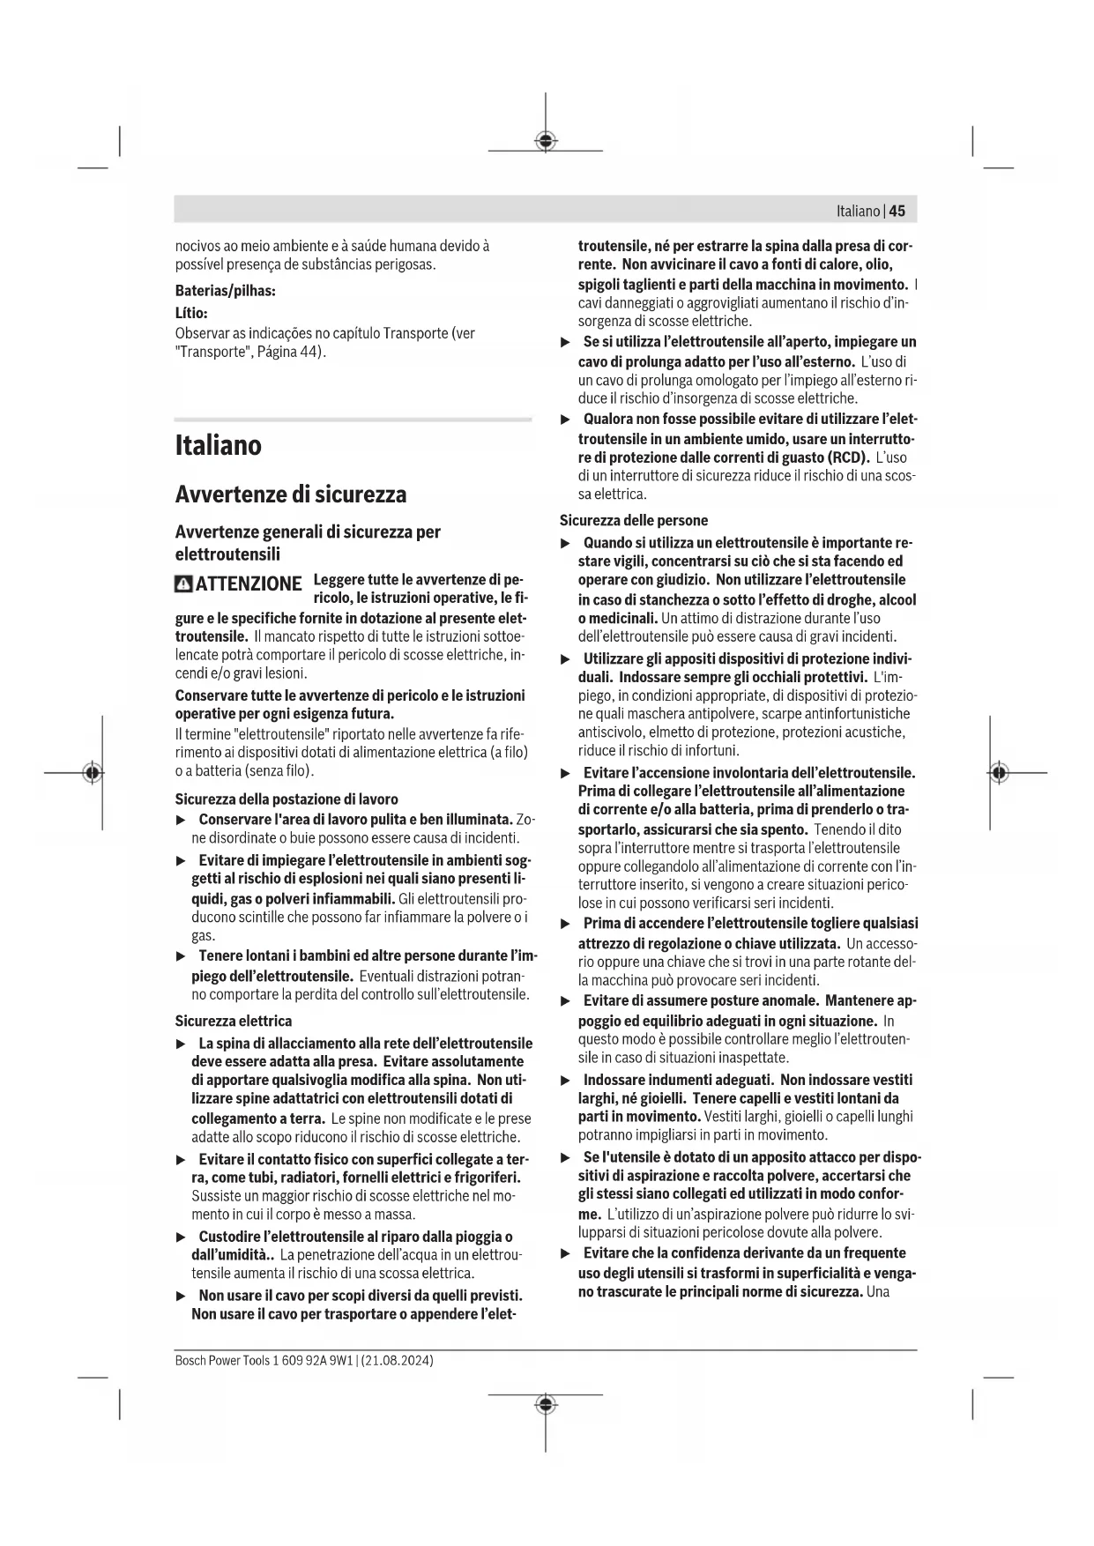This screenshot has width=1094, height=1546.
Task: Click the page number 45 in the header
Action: tap(897, 211)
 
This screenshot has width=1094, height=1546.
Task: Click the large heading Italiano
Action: tap(218, 445)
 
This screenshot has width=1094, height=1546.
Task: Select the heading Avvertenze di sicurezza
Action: tap(291, 494)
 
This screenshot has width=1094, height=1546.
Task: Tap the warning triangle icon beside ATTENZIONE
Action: tap(183, 583)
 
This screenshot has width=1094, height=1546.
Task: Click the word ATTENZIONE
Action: tap(249, 583)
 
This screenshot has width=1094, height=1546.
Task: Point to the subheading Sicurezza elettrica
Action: tap(233, 1021)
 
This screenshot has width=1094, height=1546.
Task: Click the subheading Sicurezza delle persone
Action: tap(634, 520)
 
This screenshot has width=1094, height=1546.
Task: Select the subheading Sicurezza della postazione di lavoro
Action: tap(287, 799)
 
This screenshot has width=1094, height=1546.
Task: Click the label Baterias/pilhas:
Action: tap(225, 290)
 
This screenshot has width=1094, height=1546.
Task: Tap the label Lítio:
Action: tap(191, 312)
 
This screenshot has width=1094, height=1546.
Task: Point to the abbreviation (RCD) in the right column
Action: tap(848, 457)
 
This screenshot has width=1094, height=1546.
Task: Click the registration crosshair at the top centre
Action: tap(546, 141)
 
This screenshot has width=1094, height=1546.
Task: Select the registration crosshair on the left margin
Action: tap(92, 772)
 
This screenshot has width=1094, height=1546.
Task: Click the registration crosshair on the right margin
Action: tap(998, 772)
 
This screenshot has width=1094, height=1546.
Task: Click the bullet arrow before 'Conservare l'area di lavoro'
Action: tap(181, 821)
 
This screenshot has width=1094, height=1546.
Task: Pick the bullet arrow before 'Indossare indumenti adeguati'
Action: tap(566, 1081)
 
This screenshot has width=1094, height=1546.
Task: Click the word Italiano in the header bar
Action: tap(858, 211)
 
